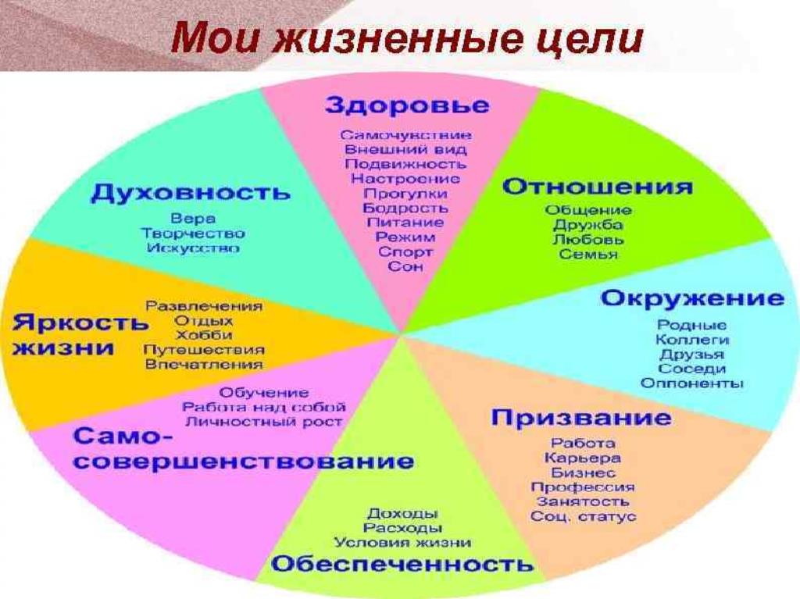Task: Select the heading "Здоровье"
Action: click(407, 106)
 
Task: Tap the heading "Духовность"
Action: click(191, 192)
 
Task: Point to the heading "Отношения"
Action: click(598, 187)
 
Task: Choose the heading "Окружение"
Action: click(692, 298)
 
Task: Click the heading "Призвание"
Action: click(581, 417)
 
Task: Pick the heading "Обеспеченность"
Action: click(402, 564)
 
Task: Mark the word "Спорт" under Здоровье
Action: click(405, 252)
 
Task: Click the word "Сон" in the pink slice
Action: click(405, 266)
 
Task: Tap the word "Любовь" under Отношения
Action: click(588, 239)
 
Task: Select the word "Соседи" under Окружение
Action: click(692, 369)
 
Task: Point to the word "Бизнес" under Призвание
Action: click(583, 472)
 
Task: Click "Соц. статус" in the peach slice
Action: click(583, 516)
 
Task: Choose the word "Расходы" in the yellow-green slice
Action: click(402, 528)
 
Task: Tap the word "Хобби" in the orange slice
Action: click(204, 335)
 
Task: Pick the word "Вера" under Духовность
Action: click(193, 219)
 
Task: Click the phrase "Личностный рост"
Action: click(264, 422)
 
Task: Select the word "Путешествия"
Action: click(204, 350)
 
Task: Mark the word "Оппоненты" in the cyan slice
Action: click(692, 383)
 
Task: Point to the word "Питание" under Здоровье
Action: click(405, 223)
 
